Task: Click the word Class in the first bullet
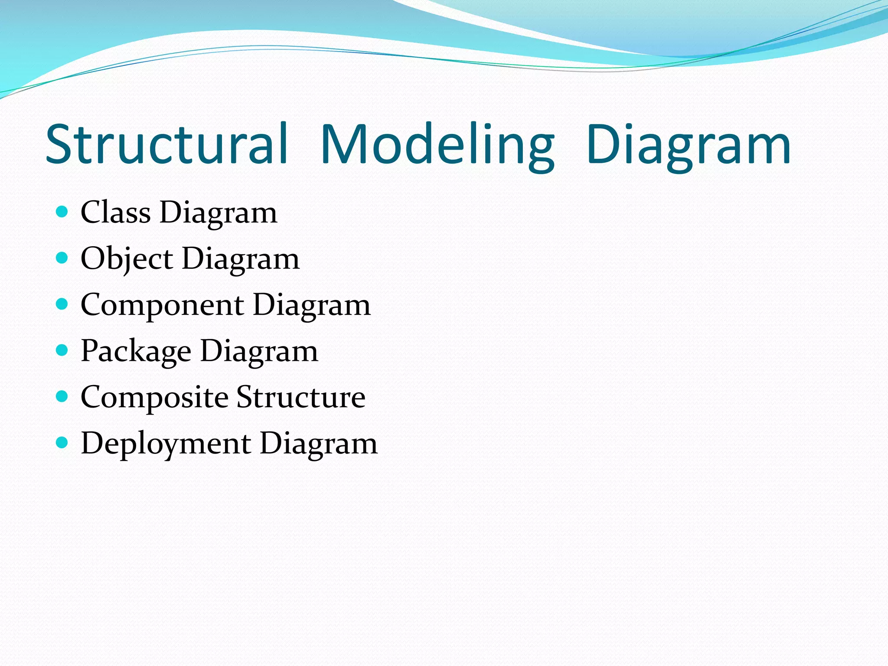point(116,212)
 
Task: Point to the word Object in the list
point(127,259)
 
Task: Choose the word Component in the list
point(162,305)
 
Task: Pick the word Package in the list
point(136,351)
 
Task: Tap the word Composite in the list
point(154,397)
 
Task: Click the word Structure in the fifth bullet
point(301,397)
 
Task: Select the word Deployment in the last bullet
point(166,444)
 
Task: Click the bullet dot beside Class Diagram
point(62,212)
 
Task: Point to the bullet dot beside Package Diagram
point(62,350)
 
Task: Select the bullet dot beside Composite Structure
point(62,396)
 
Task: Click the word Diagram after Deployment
point(319,444)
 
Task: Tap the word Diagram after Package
point(259,351)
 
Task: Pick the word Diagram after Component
point(312,305)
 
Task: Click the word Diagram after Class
point(219,212)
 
